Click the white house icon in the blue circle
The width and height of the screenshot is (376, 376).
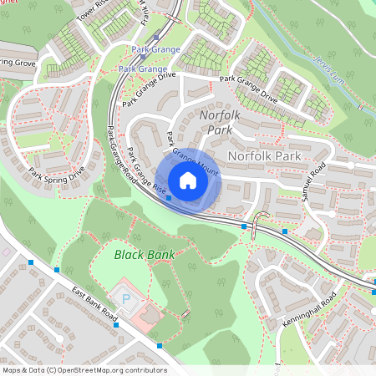click(x=187, y=180)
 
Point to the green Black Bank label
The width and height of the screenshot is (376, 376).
click(x=140, y=254)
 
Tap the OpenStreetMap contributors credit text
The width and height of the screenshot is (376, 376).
click(x=84, y=369)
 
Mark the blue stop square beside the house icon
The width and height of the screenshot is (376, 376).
click(x=169, y=198)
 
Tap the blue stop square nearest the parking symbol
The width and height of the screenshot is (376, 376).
click(x=159, y=345)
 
